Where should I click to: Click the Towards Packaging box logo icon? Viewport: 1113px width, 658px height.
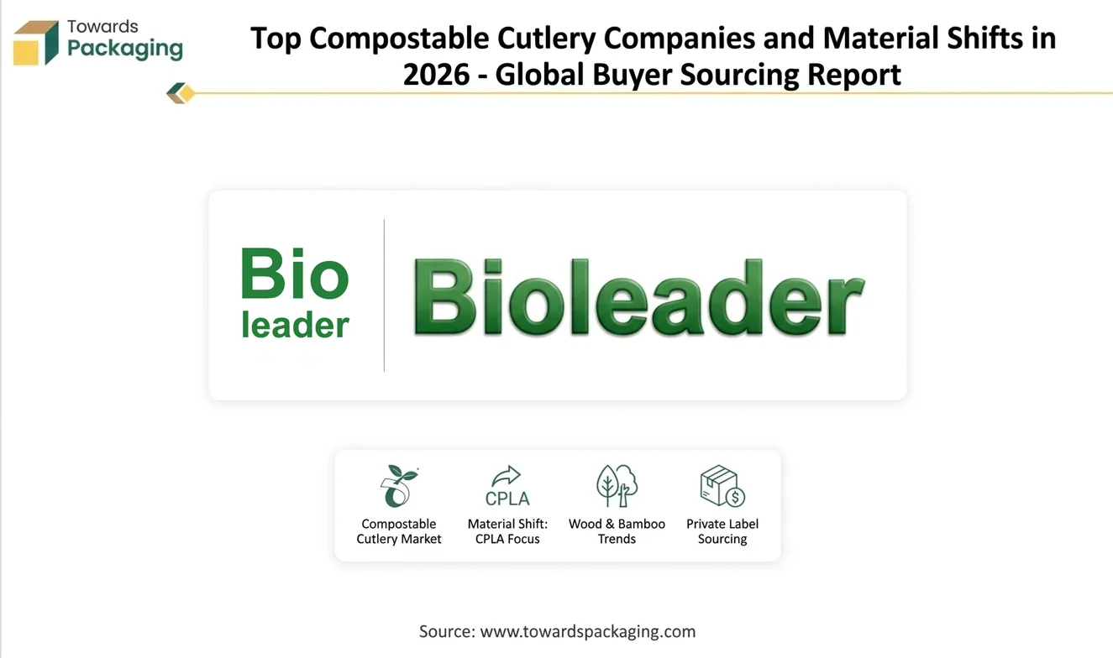click(36, 43)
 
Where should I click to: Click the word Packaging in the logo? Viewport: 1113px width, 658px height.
click(125, 49)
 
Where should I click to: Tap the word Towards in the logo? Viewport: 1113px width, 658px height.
click(102, 26)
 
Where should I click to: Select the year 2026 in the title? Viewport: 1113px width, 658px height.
click(436, 75)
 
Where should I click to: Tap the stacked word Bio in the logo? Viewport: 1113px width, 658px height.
click(295, 273)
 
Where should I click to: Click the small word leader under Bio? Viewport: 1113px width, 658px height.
click(295, 326)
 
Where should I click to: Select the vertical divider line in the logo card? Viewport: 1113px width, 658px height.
click(384, 295)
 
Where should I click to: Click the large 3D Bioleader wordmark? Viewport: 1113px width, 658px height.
click(639, 297)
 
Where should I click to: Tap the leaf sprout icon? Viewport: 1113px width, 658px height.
click(399, 486)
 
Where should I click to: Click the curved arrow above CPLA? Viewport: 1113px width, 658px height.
click(507, 476)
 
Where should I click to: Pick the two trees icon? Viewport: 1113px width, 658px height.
click(617, 486)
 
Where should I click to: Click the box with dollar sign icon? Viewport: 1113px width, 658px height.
click(722, 486)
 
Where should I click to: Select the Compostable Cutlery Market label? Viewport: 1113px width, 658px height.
click(399, 531)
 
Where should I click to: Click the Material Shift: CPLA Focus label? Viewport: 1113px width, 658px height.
click(507, 531)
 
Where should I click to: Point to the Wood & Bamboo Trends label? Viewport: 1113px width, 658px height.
click(617, 531)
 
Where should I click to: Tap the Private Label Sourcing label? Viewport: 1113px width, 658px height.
click(722, 531)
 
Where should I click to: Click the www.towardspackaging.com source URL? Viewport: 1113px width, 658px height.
click(588, 632)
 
